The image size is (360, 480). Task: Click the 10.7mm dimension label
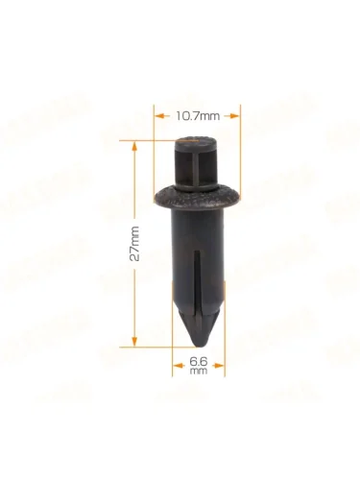click(x=198, y=116)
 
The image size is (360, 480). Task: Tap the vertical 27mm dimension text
click(x=134, y=243)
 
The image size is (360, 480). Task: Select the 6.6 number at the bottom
click(x=199, y=362)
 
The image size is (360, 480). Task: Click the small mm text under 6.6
click(x=199, y=371)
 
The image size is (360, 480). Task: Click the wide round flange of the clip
click(x=197, y=200)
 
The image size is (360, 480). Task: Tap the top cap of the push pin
click(x=197, y=141)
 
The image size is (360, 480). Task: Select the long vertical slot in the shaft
click(x=198, y=281)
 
